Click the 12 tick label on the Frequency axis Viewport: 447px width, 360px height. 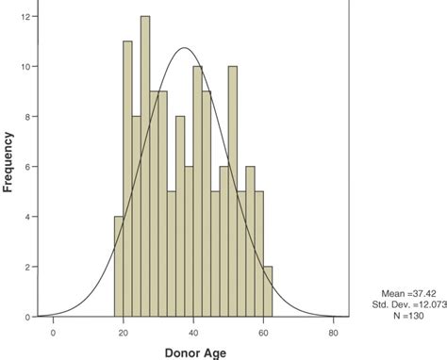(x=30, y=16)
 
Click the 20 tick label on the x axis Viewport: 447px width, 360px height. (x=123, y=332)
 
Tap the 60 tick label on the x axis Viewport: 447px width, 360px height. (x=263, y=332)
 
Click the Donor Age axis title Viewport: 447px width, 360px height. (x=193, y=351)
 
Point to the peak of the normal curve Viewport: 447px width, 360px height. (x=185, y=48)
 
